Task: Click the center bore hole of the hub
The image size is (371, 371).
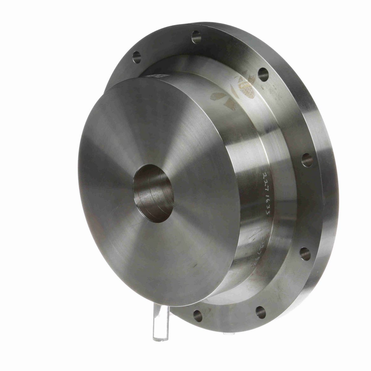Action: (152, 196)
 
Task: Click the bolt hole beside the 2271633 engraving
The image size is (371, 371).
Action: (307, 160)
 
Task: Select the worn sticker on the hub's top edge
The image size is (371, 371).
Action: (153, 77)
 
